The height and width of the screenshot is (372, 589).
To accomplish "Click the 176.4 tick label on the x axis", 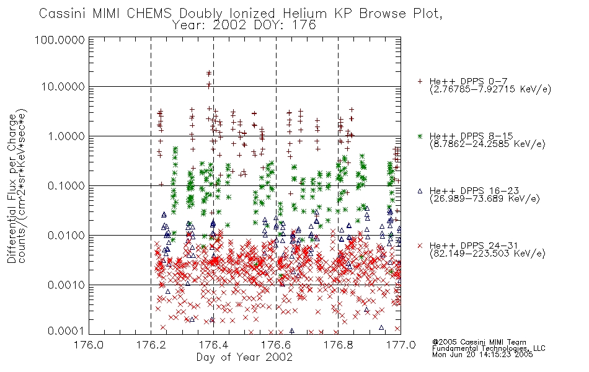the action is pyautogui.click(x=213, y=345).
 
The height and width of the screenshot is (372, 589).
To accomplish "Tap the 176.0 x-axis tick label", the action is pyautogui.click(x=89, y=345).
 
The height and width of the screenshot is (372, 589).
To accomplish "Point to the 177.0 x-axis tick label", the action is pyautogui.click(x=401, y=345).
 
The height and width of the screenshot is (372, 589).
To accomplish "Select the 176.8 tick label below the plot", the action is pyautogui.click(x=338, y=345).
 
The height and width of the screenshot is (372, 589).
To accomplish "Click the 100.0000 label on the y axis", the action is pyautogui.click(x=60, y=40).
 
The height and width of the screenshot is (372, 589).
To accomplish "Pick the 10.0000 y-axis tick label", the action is pyautogui.click(x=63, y=87).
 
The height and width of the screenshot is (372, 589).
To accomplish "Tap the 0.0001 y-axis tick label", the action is pyautogui.click(x=66, y=331).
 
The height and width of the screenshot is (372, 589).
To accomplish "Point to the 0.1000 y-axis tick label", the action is pyautogui.click(x=66, y=186).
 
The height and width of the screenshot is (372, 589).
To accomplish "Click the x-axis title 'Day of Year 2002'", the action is pyautogui.click(x=244, y=357).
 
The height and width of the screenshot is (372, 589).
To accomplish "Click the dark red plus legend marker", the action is pyautogui.click(x=420, y=81).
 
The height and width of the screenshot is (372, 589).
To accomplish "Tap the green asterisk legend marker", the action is pyautogui.click(x=420, y=136).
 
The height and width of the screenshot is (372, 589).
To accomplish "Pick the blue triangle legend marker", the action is pyautogui.click(x=420, y=191).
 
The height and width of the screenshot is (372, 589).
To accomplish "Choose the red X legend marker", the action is pyautogui.click(x=420, y=246).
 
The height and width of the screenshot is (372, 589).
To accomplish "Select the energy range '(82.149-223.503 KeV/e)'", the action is pyautogui.click(x=487, y=254).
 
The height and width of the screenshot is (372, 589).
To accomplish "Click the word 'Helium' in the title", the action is pyautogui.click(x=305, y=14).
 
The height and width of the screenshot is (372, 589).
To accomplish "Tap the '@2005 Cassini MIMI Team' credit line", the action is pyautogui.click(x=479, y=342).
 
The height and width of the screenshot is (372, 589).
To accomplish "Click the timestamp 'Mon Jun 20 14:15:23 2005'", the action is pyautogui.click(x=482, y=355).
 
